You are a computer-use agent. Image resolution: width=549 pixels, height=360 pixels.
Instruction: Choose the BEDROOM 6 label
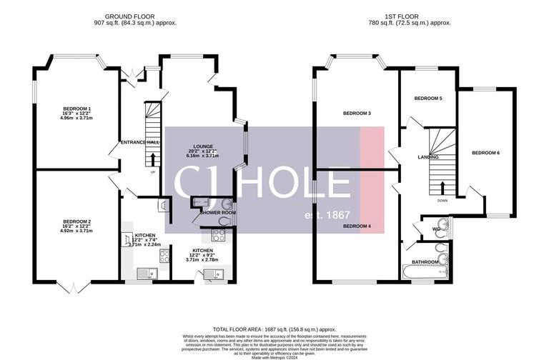coord(485,153)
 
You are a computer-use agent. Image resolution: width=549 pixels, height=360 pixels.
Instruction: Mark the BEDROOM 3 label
coord(357,114)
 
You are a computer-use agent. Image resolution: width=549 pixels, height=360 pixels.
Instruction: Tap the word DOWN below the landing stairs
coord(442,201)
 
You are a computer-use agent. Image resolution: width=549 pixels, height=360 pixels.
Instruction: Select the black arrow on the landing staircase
coord(442,188)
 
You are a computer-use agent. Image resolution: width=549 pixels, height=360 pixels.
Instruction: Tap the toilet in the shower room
coord(226,203)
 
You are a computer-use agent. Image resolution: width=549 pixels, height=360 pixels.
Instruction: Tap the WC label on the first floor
coord(433,229)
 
